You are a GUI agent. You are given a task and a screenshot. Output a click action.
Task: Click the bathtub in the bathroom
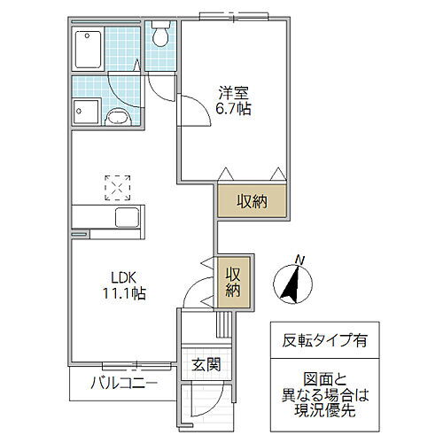pyautogui.click(x=89, y=52)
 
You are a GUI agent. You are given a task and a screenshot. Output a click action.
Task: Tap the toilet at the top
pyautogui.click(x=160, y=35)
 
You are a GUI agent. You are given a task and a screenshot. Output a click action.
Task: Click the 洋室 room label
pyautogui.click(x=233, y=89)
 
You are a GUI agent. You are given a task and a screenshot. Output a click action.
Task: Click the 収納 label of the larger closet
pyautogui.click(x=253, y=200)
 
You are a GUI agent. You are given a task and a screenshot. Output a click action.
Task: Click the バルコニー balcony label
pyautogui.click(x=124, y=385)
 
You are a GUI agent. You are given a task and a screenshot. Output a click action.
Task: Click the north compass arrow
pyautogui.click(x=291, y=284)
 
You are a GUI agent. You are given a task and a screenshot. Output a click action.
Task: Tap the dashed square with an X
pyautogui.click(x=117, y=187)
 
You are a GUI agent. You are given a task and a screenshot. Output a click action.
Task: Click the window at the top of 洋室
pyautogui.click(x=234, y=15)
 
